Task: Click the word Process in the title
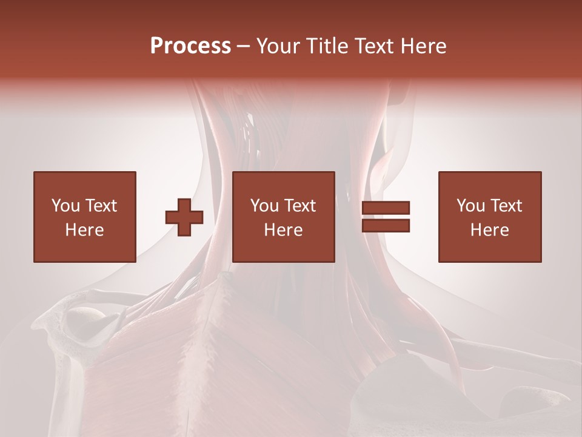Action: tap(190, 46)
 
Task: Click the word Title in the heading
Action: tap(325, 46)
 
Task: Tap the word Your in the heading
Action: tap(276, 46)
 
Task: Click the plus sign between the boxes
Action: tap(184, 217)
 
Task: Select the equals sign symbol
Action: tap(386, 217)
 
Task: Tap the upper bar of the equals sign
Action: tap(386, 208)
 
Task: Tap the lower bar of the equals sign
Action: tap(386, 226)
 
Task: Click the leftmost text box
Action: tap(84, 217)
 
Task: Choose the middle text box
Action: tap(283, 217)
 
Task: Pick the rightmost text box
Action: tap(489, 217)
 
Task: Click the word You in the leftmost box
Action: tap(64, 206)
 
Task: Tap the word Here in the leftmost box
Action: tap(84, 230)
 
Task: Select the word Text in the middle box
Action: tap(299, 206)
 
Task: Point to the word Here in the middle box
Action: tap(283, 230)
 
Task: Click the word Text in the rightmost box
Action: tap(506, 206)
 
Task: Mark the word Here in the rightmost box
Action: tap(489, 230)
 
